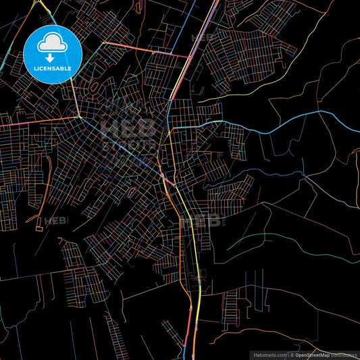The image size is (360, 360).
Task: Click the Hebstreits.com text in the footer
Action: pyautogui.click(x=270, y=354)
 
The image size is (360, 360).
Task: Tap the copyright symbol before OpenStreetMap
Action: pyautogui.click(x=292, y=354)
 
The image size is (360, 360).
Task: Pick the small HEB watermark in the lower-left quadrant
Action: pyautogui.click(x=55, y=220)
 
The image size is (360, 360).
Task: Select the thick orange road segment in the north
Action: pyautogui.click(x=145, y=51)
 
